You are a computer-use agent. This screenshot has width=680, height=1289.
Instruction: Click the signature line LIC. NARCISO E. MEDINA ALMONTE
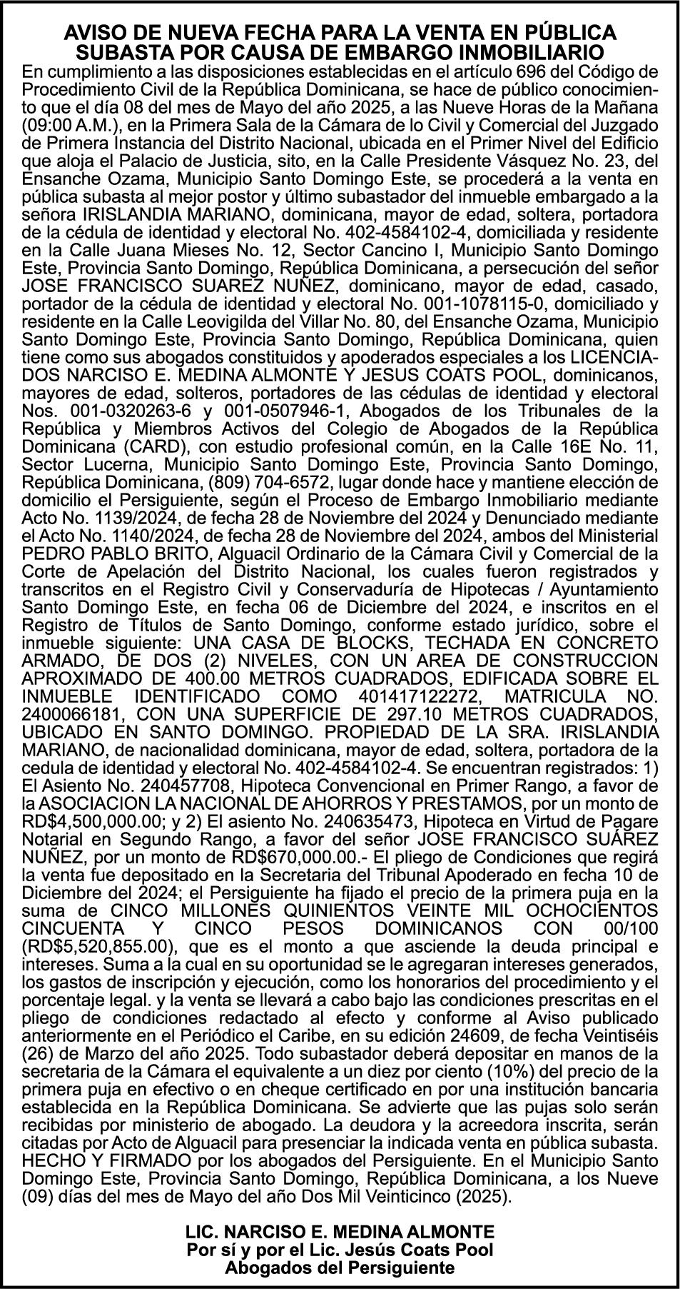click(x=340, y=1231)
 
